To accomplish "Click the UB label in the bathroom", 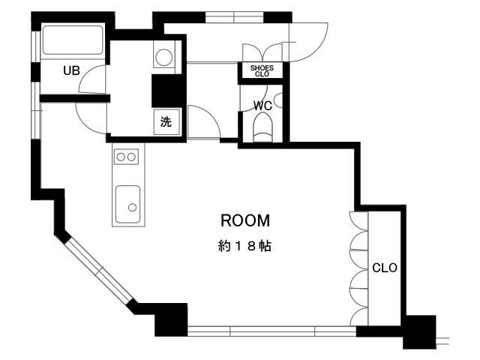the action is click(x=71, y=70).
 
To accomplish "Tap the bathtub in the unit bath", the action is click(x=73, y=40).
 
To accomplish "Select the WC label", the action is click(x=262, y=106).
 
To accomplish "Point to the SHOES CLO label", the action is click(x=262, y=70).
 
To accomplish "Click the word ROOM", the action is click(x=245, y=220).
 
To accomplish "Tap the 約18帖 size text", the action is click(x=244, y=246).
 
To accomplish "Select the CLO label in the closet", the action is click(x=385, y=268).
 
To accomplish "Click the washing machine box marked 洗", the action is click(x=166, y=121).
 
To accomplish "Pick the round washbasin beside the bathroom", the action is click(x=163, y=57).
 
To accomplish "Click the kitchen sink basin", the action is click(x=128, y=204).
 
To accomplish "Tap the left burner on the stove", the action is click(x=121, y=157).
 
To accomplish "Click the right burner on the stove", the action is click(x=132, y=157).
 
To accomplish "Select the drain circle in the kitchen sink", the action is click(x=132, y=208).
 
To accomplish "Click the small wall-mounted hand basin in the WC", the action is click(x=278, y=100).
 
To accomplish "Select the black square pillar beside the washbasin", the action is click(x=168, y=91).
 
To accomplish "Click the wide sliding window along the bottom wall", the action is click(x=271, y=331).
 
